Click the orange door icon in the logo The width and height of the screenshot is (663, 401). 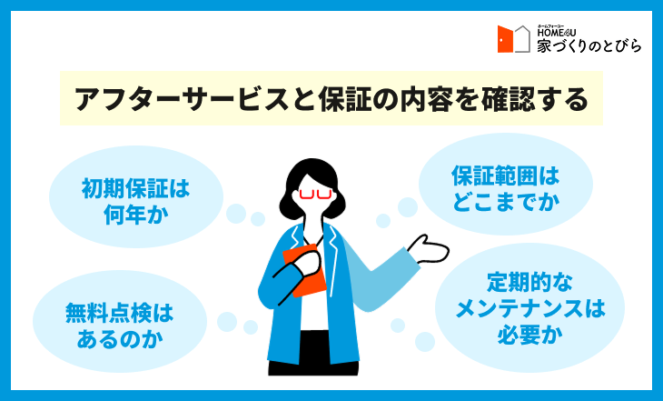pos(505,39)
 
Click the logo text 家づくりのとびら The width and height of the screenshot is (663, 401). pos(589,45)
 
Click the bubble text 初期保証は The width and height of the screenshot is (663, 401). pos(135,188)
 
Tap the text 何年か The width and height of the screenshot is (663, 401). pos(135,215)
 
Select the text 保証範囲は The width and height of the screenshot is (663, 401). pos(506,175)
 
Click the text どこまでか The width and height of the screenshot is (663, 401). pos(506,202)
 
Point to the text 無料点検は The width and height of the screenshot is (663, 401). pos(120,314)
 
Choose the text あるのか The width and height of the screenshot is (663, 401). pos(120,339)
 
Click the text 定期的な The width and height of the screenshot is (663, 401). pos(529,282)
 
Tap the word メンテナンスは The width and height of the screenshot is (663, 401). pos(529,308)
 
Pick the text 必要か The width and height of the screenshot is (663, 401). pos(529,335)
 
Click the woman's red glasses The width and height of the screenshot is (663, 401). pos(315,194)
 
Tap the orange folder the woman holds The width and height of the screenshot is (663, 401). pos(304,271)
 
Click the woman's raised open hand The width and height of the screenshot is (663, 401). pos(428,249)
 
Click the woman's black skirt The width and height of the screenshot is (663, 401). pos(313,354)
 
